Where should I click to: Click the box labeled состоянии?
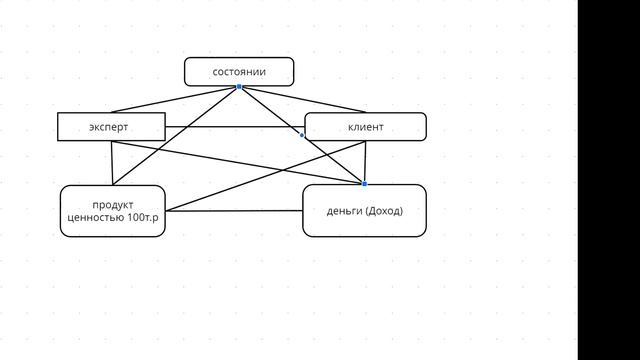point(239,72)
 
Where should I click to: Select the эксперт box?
point(111,127)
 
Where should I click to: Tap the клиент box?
point(365,127)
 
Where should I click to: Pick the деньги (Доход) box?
point(364,211)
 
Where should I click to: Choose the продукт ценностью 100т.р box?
point(113,211)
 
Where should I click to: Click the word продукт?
point(113,205)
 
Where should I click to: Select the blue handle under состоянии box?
point(239,87)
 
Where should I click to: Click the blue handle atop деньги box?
point(364,184)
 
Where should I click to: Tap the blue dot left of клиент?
point(302,135)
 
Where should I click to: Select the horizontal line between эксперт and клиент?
point(235,127)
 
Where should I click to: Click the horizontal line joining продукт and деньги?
point(234,211)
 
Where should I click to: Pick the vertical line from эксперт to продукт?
point(112,163)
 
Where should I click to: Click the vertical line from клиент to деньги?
point(365,162)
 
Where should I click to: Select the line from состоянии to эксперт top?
point(175,99)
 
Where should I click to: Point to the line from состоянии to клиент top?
point(302,99)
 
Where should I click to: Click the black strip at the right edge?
point(609,180)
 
